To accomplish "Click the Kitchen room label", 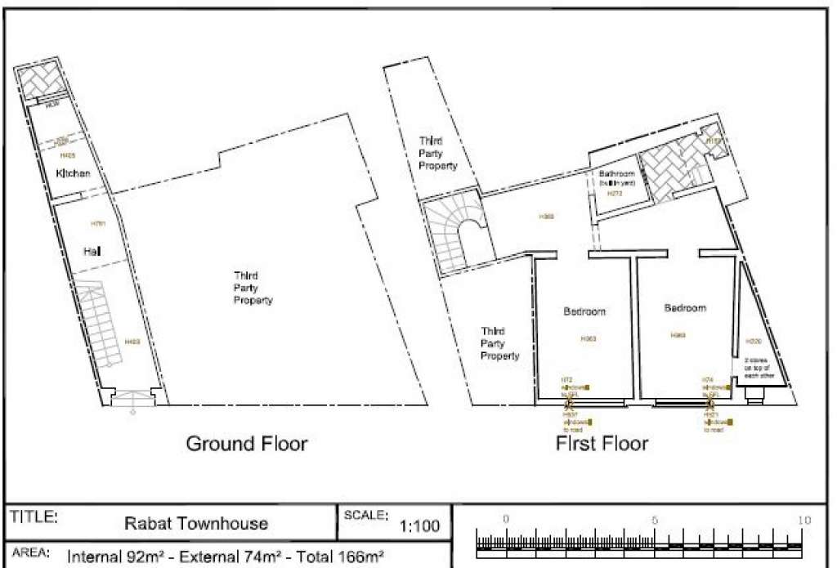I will [73, 174].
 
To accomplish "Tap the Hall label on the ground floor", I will [92, 253].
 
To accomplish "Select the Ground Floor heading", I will [247, 444].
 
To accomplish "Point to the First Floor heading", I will [602, 444].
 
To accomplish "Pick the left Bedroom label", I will [585, 311].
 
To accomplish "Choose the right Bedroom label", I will [684, 308].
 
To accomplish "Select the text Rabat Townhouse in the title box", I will [195, 523].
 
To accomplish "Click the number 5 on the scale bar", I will [654, 520].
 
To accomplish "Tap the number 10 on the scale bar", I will [803, 520].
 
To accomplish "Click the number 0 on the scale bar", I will [505, 520].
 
